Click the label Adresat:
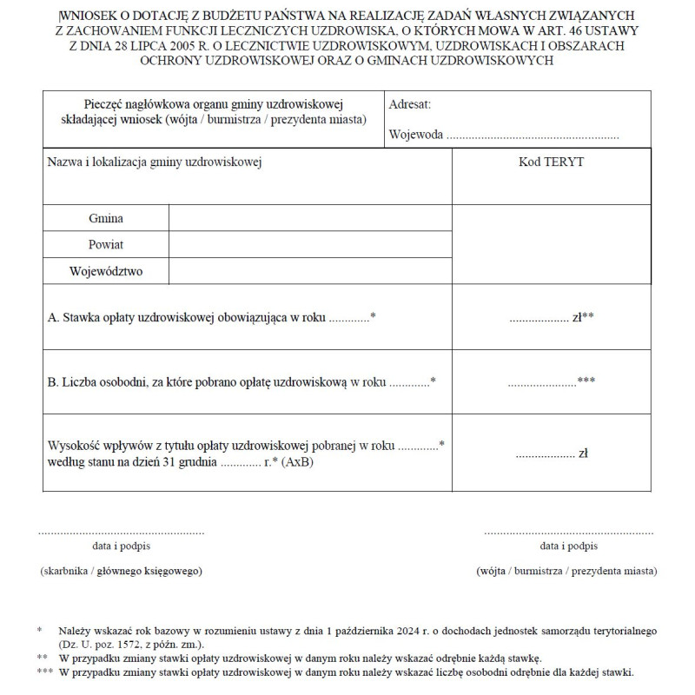click(x=410, y=104)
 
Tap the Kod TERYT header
click(x=551, y=162)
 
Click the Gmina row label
click(x=105, y=218)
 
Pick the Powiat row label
click(x=106, y=245)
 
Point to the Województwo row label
click(x=106, y=272)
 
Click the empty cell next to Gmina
click(x=310, y=218)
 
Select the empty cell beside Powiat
click(x=310, y=245)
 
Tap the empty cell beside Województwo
click(x=310, y=272)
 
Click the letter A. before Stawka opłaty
click(x=52, y=318)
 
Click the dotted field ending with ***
click(x=551, y=381)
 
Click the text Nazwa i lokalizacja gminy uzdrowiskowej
click(x=155, y=162)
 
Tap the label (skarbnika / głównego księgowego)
click(x=121, y=571)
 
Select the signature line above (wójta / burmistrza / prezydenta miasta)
click(x=568, y=530)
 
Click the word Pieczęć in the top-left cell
click(x=105, y=104)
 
